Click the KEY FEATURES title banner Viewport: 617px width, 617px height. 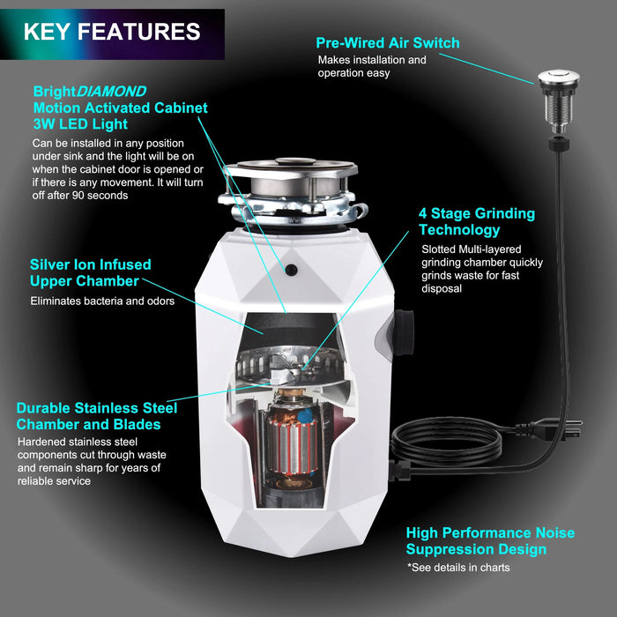click(112, 33)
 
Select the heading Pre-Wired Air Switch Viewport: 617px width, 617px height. click(387, 42)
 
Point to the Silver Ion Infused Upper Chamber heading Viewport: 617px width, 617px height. click(90, 272)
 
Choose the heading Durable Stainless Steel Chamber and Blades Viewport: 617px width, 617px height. click(96, 416)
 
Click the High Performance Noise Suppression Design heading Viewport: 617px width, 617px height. click(490, 541)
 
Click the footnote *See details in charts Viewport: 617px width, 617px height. click(457, 568)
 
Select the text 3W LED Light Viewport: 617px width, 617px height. click(72, 123)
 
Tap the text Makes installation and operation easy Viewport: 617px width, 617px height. click(372, 66)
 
